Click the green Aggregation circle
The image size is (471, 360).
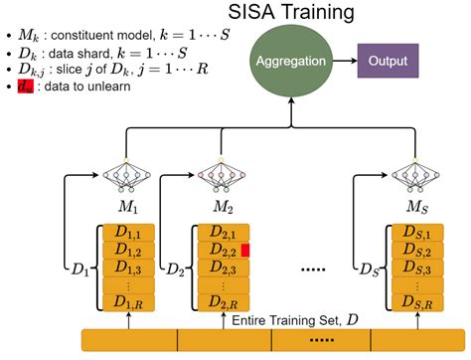[291, 62]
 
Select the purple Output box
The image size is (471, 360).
[390, 60]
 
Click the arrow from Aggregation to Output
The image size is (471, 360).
[343, 61]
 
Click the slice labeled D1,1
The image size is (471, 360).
[128, 232]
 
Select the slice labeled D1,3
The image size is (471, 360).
[128, 268]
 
